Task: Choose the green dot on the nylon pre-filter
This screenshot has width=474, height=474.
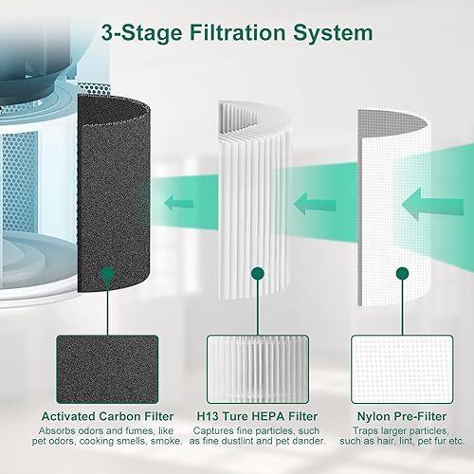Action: pos(402,274)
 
